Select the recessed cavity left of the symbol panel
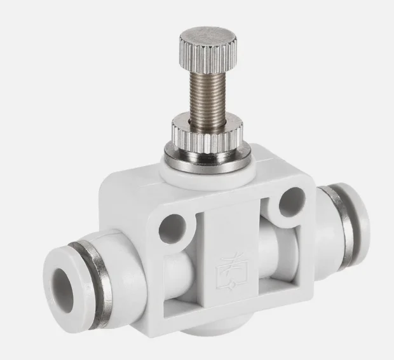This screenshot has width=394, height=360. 184,267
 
